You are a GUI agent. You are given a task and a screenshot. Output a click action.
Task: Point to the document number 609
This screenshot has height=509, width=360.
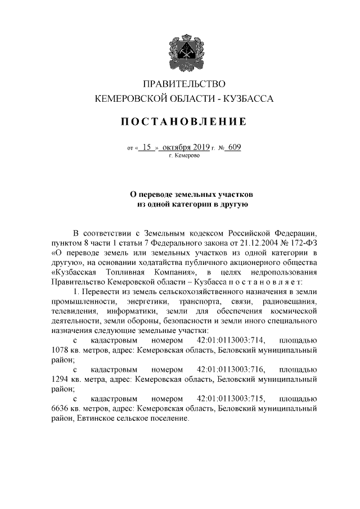(235, 147)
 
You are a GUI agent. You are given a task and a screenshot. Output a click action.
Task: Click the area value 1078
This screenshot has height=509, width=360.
(61, 350)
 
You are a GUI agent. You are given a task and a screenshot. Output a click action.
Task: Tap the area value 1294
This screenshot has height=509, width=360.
(61, 380)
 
